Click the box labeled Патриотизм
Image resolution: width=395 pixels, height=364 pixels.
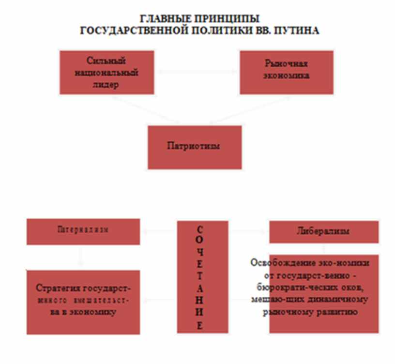point(194,146)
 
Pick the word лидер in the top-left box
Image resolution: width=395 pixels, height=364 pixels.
point(106,84)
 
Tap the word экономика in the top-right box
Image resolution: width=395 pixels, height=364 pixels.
point(287,76)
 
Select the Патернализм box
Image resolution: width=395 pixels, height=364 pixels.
point(83,230)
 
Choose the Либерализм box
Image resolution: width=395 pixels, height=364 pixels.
point(323,231)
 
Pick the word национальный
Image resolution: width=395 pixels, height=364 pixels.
point(106,73)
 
